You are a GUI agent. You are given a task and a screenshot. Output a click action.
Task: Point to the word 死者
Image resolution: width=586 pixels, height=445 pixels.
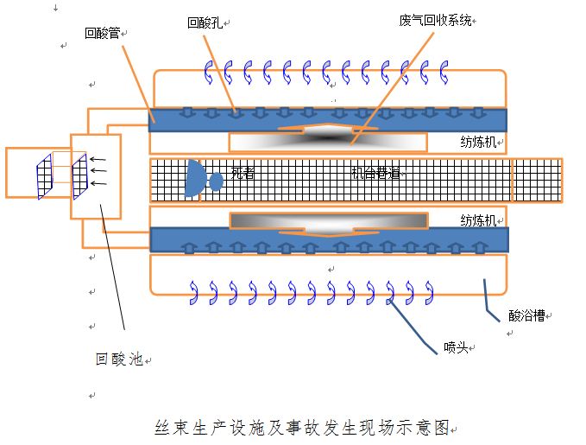click(x=243, y=174)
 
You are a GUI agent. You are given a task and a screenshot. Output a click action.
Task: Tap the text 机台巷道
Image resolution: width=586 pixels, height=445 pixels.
click(x=375, y=173)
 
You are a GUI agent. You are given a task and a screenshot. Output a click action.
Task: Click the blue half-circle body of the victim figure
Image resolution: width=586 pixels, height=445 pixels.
click(x=194, y=176)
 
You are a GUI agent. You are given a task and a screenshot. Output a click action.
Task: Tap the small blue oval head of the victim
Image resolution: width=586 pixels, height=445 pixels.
click(x=216, y=181)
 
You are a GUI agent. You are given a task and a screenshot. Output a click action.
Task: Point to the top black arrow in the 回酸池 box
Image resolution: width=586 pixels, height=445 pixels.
click(x=99, y=160)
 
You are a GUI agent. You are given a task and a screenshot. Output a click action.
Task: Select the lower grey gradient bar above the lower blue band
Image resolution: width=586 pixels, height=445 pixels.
click(x=329, y=220)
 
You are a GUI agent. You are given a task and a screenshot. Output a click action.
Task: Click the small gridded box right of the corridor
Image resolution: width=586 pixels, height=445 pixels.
click(x=536, y=181)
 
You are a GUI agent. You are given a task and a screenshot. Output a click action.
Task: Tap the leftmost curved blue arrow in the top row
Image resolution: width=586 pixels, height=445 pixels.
click(x=208, y=73)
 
